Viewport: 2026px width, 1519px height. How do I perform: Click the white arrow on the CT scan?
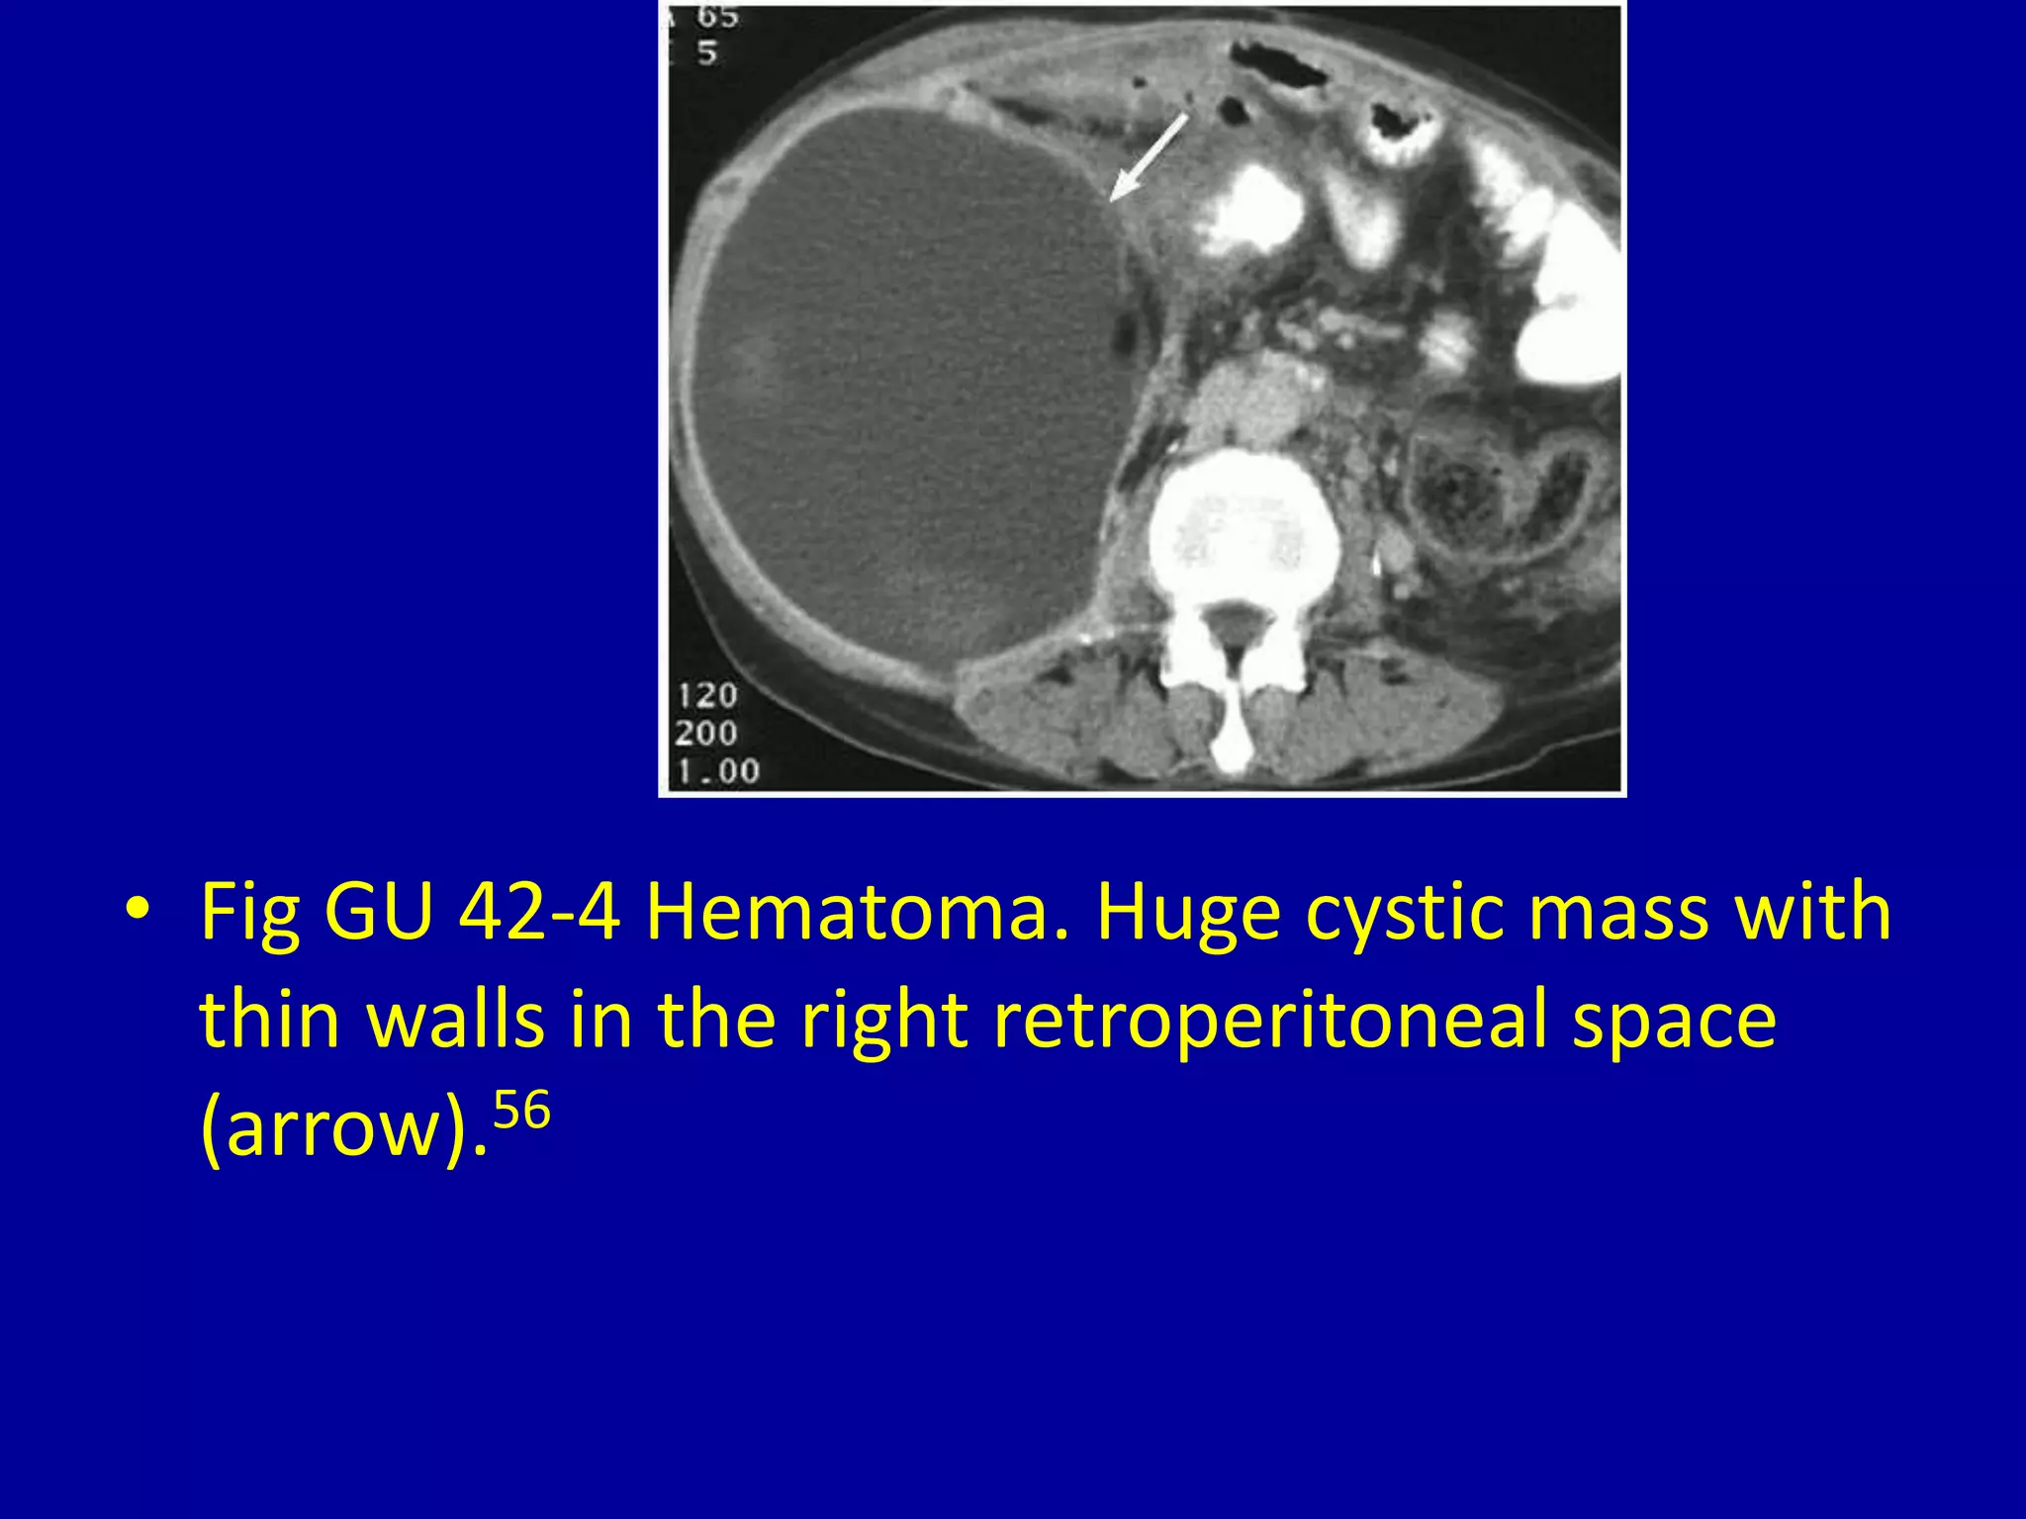(x=1148, y=156)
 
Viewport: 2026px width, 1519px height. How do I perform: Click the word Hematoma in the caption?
(x=857, y=912)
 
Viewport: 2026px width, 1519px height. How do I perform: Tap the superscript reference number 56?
(x=521, y=1111)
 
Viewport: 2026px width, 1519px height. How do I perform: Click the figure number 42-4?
(x=540, y=912)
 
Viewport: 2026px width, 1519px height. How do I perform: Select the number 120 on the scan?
(x=707, y=695)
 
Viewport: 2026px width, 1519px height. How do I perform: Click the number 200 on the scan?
(x=706, y=733)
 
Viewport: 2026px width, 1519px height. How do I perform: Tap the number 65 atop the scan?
(x=716, y=17)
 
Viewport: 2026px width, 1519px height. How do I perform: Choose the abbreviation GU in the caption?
(x=379, y=912)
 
